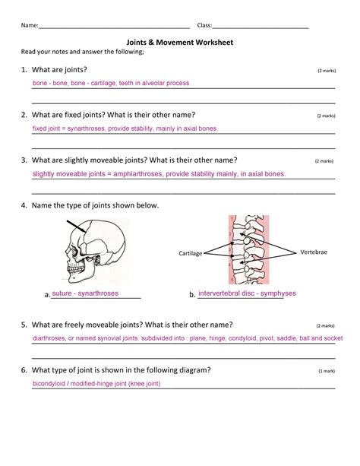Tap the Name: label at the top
pos(30,25)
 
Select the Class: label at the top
pos(204,25)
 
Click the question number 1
pos(24,70)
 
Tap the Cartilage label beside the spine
pos(191,253)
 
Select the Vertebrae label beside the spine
pos(315,251)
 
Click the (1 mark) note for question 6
pos(327,371)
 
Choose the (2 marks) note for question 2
pos(326,116)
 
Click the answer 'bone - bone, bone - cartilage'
pos(110,83)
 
